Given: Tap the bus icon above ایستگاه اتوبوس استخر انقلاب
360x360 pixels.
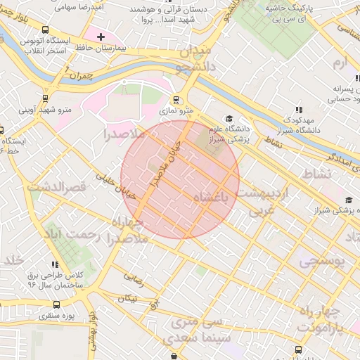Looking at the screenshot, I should [x=46, y=30].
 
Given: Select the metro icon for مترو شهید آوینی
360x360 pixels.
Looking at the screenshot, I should [x=46, y=98].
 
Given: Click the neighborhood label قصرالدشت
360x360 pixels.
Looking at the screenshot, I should [x=56, y=187].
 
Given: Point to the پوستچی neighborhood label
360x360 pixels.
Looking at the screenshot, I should [x=324, y=261].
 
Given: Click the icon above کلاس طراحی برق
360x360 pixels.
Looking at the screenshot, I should [x=52, y=264].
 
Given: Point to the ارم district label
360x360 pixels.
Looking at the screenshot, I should [x=340, y=64].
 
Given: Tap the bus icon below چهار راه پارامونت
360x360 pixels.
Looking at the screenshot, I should [x=299, y=349].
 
